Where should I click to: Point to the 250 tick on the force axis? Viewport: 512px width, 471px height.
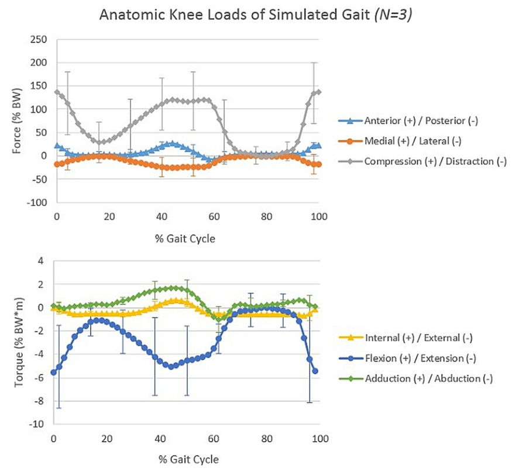(39, 39)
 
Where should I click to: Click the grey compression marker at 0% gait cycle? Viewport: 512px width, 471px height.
(56, 92)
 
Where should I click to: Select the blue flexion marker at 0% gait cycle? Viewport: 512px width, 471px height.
(54, 372)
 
